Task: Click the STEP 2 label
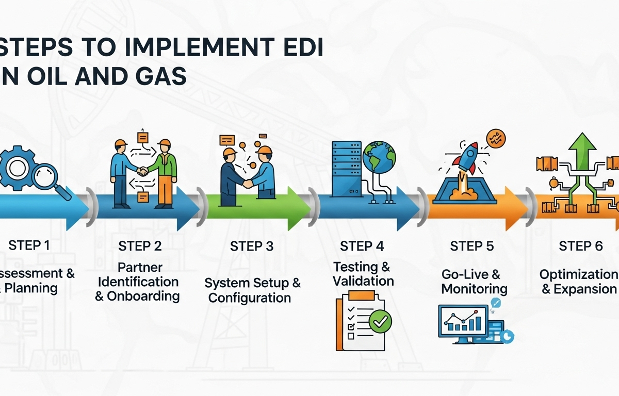[x=140, y=246]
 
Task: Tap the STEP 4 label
[x=362, y=246]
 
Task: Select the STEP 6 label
[x=581, y=246]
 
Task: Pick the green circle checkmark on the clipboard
[x=380, y=322]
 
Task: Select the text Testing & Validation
[x=363, y=274]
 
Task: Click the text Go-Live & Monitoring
[x=474, y=282]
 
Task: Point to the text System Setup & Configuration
[x=252, y=290]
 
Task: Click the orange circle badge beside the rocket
[x=496, y=139]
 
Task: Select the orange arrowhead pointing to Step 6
[x=516, y=209]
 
